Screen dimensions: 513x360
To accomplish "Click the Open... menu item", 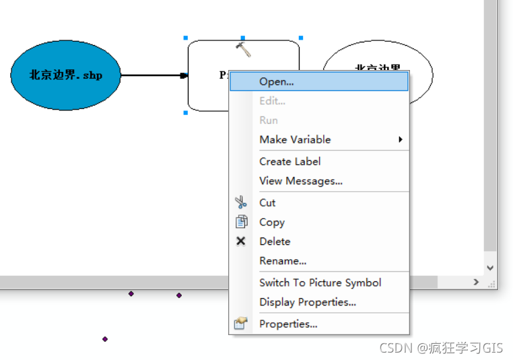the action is click(277, 81).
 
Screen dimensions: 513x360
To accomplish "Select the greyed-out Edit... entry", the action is click(272, 101).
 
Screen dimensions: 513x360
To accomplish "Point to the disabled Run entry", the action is click(269, 120).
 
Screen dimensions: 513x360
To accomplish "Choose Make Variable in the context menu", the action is click(295, 139).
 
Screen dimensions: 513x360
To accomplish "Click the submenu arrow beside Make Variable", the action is click(400, 139).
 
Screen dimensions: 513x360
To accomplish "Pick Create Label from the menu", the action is click(289, 161).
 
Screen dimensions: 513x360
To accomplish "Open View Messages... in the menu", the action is click(300, 180).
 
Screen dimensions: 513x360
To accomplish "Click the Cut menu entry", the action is click(267, 203).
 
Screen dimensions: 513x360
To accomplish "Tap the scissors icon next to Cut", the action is click(241, 203).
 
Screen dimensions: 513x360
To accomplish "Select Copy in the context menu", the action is click(272, 222).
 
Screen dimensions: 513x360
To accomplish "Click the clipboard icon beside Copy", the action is click(241, 222).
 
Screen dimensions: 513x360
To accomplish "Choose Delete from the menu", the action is click(275, 241).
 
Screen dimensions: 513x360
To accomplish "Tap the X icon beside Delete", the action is click(241, 241).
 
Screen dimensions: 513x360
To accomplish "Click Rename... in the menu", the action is click(283, 260).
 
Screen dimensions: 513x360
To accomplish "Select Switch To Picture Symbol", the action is click(320, 283).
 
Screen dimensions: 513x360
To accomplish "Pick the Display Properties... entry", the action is click(308, 302).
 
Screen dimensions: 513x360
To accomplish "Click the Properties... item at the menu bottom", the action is click(288, 324).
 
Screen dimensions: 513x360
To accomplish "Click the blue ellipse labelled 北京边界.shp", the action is click(65, 75).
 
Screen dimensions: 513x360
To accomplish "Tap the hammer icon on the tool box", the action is click(243, 48).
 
